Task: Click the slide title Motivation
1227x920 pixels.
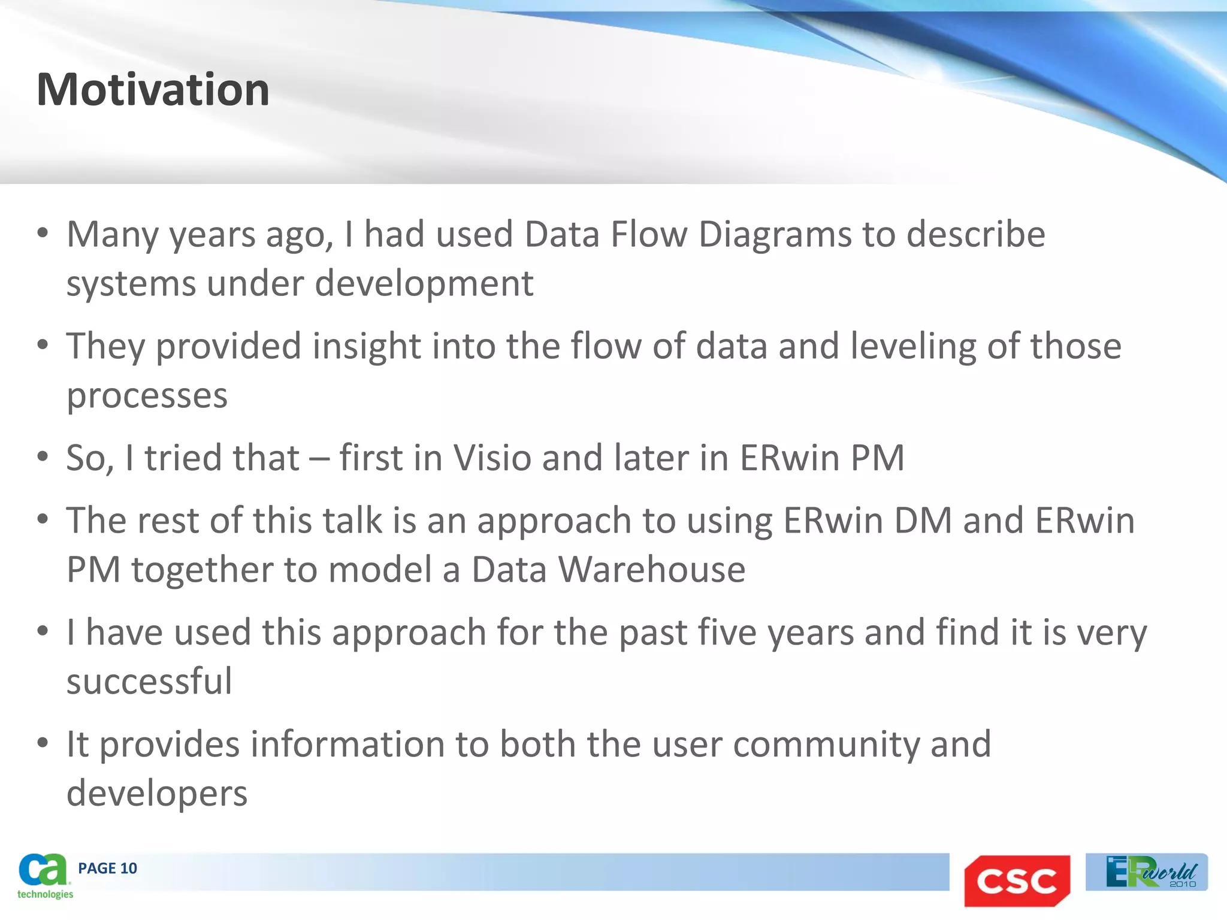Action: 153,90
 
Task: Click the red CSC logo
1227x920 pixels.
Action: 1017,880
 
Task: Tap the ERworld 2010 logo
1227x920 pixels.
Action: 1146,872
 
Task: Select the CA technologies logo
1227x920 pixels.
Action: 44,876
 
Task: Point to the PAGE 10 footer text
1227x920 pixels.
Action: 107,868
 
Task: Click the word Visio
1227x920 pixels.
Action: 492,458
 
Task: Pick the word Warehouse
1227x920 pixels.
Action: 652,570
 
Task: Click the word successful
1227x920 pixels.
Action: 149,682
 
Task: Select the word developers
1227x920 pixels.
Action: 157,794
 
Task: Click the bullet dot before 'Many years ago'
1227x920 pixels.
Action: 42,233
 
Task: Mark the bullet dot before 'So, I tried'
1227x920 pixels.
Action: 42,457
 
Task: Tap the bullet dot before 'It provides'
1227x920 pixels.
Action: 42,743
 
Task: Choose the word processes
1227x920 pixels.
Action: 147,396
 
